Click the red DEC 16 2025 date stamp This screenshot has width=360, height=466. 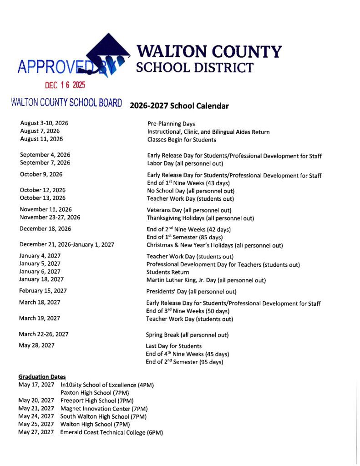pos(65,85)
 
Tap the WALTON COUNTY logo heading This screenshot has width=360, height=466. pos(209,51)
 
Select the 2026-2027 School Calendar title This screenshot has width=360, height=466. pos(179,106)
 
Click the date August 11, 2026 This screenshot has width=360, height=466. pos(41,139)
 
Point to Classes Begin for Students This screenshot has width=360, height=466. pos(182,140)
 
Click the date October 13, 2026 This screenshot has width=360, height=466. pos(42,198)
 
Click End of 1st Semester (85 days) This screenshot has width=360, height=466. pos(184,237)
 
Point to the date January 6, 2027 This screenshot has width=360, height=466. pos(40,272)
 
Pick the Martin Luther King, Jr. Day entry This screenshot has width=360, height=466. pos(206,280)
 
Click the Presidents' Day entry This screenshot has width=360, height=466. pos(191,292)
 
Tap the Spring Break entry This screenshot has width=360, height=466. pos(187,335)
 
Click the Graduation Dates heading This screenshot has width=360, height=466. pos(42,377)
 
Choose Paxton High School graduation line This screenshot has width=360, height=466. pos(95,393)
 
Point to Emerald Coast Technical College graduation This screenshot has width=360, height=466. pos(112,432)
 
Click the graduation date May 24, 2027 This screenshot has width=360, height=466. pos(36,416)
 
